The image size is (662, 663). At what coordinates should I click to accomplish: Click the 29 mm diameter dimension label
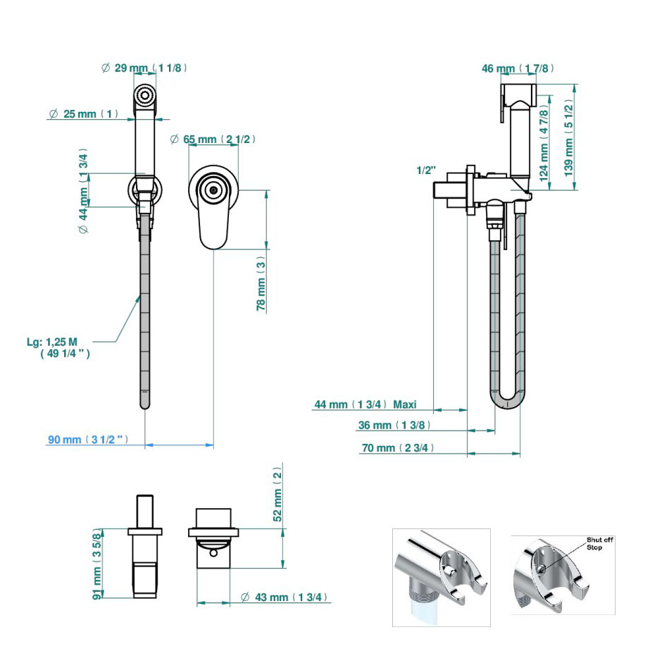click(x=144, y=68)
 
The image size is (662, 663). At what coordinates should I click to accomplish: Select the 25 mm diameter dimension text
click(x=84, y=113)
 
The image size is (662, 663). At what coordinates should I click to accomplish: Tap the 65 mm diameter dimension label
click(x=213, y=139)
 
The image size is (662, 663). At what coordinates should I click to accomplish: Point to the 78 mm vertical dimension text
click(x=261, y=283)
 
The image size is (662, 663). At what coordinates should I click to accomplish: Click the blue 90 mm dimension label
click(x=88, y=440)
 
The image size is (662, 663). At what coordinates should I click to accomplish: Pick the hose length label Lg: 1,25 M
click(x=58, y=347)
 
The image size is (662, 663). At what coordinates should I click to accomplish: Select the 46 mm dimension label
click(x=518, y=68)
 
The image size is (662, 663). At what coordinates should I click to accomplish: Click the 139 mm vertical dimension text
click(x=568, y=138)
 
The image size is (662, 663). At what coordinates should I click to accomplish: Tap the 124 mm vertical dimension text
click(x=544, y=143)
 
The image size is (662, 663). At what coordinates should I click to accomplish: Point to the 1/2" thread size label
click(x=426, y=170)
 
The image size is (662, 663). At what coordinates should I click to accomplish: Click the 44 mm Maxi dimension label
click(x=366, y=404)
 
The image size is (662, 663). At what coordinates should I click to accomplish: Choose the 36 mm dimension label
click(x=394, y=425)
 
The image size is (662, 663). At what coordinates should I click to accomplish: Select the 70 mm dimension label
click(x=398, y=448)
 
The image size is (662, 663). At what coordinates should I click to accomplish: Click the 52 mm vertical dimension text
click(x=277, y=494)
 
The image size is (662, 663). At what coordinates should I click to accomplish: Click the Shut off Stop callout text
click(x=599, y=543)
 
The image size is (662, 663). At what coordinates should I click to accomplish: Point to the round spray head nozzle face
click(x=145, y=94)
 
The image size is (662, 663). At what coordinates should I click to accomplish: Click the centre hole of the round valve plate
click(x=213, y=190)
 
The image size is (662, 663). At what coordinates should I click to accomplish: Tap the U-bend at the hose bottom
click(x=507, y=399)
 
